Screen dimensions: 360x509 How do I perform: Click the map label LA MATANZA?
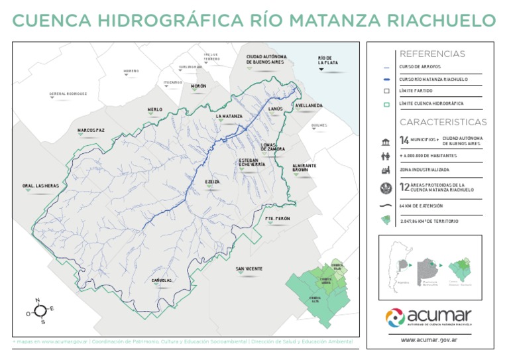(x=229, y=116)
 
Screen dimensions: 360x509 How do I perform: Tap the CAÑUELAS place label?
(x=162, y=280)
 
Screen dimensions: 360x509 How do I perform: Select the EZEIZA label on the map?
(x=213, y=181)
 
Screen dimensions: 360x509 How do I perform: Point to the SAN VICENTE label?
(x=249, y=269)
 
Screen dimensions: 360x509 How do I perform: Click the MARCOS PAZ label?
(x=91, y=130)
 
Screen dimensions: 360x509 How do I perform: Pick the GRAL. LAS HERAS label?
(x=40, y=186)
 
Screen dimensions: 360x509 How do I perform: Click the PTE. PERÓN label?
(x=277, y=217)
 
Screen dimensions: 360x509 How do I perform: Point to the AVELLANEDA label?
(x=309, y=105)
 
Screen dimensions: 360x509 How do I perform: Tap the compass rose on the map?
(x=40, y=310)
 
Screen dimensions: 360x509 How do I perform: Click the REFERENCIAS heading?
(x=432, y=54)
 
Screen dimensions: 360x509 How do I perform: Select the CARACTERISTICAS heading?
(x=443, y=122)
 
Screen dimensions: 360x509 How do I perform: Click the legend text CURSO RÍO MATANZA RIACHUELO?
(x=433, y=79)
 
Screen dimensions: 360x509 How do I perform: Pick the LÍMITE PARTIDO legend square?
(x=386, y=91)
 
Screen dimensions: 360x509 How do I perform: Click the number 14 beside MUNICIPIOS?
(x=404, y=141)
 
